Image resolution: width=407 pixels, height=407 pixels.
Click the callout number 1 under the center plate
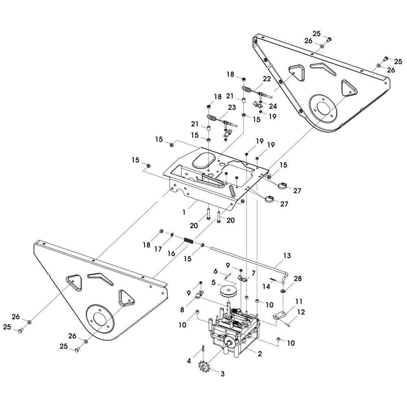pos(184,212)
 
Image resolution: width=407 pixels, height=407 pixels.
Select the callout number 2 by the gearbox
pos(260,354)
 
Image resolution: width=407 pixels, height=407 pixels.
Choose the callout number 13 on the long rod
pos(287,256)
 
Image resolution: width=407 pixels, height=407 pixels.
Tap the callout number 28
pos(298,279)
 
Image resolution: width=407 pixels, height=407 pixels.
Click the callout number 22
pos(267,79)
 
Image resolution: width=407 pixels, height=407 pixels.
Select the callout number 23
pos(232,107)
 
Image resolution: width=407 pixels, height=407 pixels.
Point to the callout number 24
pos(272,106)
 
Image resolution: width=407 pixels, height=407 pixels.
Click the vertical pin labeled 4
pos(202,350)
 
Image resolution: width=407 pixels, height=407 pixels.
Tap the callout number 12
pos(301,313)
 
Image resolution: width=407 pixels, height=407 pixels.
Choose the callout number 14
pos(266,287)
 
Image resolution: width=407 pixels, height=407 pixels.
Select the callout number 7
pos(253,273)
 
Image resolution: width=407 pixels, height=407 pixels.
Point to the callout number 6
pos(216,271)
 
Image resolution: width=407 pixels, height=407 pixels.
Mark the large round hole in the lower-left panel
pos(98,318)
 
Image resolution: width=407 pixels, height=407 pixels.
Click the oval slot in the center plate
pos(204,160)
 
